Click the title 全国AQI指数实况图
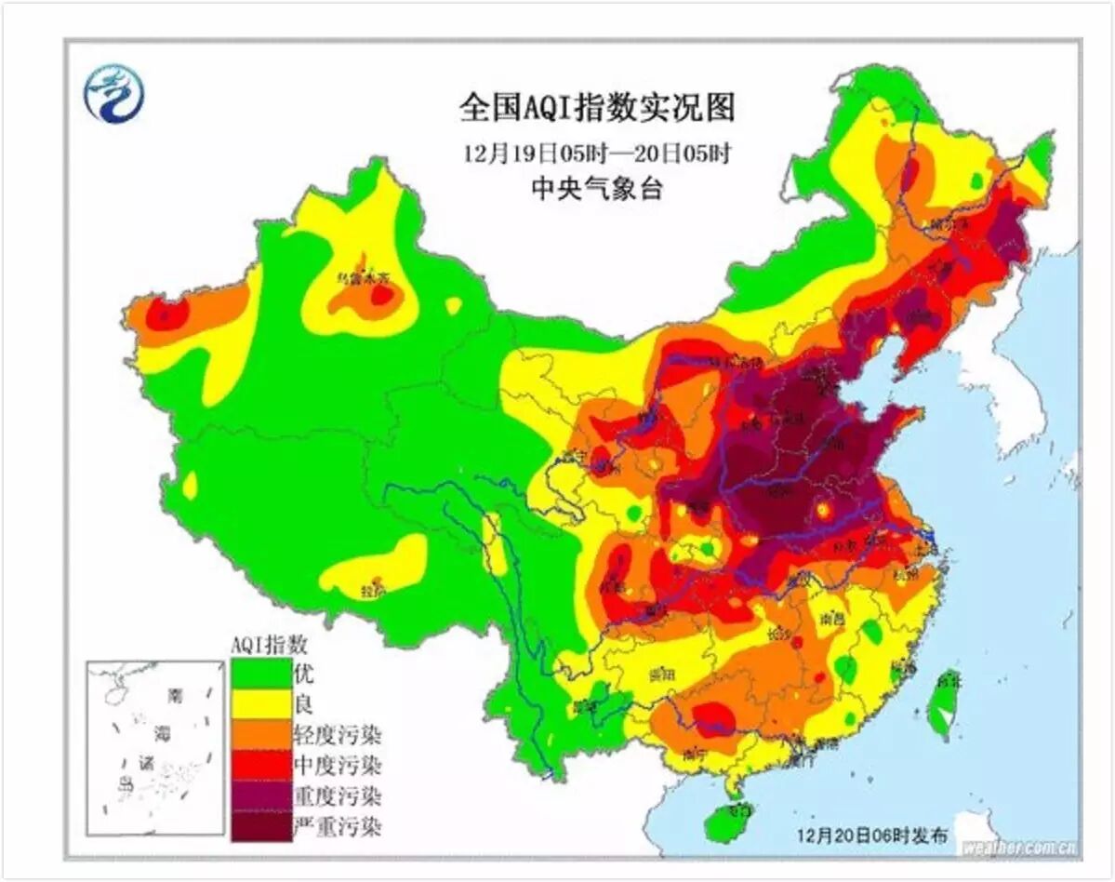pyautogui.click(x=596, y=108)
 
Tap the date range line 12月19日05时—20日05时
pyautogui.click(x=596, y=152)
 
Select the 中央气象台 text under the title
pyautogui.click(x=596, y=189)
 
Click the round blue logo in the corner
pyautogui.click(x=113, y=94)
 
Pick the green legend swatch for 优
pyautogui.click(x=259, y=673)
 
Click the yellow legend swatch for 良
pyautogui.click(x=259, y=703)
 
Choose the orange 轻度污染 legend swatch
pyautogui.click(x=259, y=735)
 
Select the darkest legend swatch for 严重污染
pyautogui.click(x=259, y=827)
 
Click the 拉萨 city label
pyautogui.click(x=373, y=590)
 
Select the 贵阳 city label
pyautogui.click(x=661, y=673)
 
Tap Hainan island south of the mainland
pyautogui.click(x=727, y=822)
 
